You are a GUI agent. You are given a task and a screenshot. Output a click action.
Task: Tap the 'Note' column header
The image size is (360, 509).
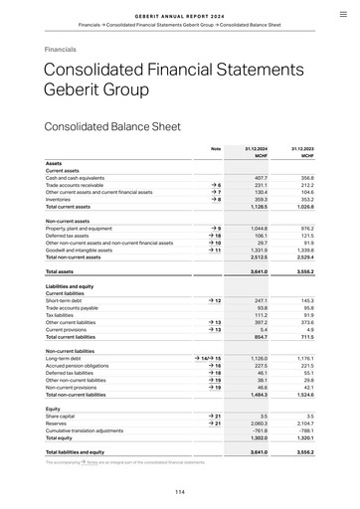pyautogui.click(x=216, y=148)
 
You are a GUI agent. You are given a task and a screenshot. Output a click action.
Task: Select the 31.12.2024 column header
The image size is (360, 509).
pyautogui.click(x=258, y=148)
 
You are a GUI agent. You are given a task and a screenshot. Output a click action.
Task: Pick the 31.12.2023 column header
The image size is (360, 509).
pyautogui.click(x=302, y=148)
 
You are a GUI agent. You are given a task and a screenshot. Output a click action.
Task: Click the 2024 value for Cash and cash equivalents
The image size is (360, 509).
pyautogui.click(x=261, y=177)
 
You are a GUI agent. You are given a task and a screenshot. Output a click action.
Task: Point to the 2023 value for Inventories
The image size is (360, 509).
pyautogui.click(x=305, y=199)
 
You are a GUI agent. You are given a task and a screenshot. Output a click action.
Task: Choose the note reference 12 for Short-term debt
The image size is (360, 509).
pyautogui.click(x=214, y=300)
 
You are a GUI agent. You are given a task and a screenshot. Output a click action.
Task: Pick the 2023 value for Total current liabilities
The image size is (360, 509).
pyautogui.click(x=305, y=336)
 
